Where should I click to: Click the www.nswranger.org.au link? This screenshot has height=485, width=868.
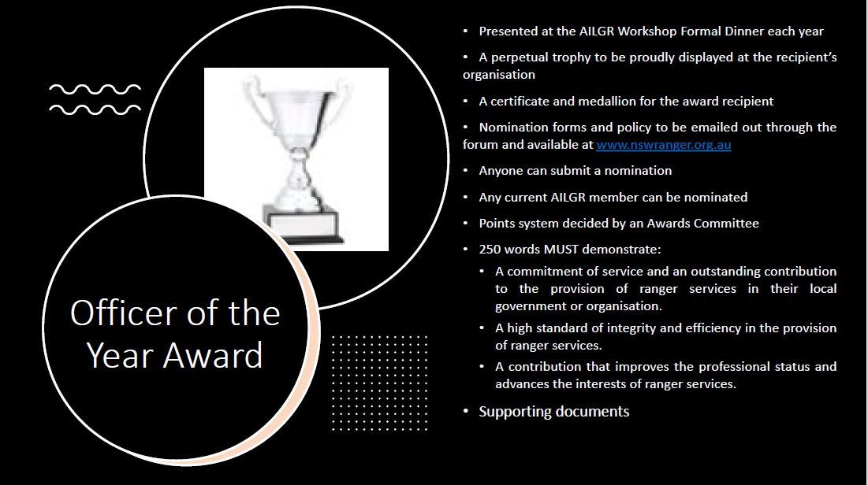pyautogui.click(x=663, y=145)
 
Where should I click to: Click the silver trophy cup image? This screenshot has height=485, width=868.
pyautogui.click(x=296, y=159)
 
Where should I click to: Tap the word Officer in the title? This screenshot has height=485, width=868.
pyautogui.click(x=122, y=313)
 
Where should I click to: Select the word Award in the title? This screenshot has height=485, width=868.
pyautogui.click(x=213, y=355)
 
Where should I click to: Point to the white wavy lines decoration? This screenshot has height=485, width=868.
pyautogui.click(x=95, y=99)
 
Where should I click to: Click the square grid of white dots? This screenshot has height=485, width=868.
pyautogui.click(x=379, y=383)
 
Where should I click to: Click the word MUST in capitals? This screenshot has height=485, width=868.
pyautogui.click(x=561, y=250)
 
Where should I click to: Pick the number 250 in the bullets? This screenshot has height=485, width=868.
pyautogui.click(x=489, y=250)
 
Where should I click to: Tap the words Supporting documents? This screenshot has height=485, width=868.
pyautogui.click(x=554, y=412)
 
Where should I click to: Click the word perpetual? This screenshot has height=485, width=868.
pyautogui.click(x=520, y=57)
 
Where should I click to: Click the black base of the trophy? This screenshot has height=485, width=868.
pyautogui.click(x=304, y=239)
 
